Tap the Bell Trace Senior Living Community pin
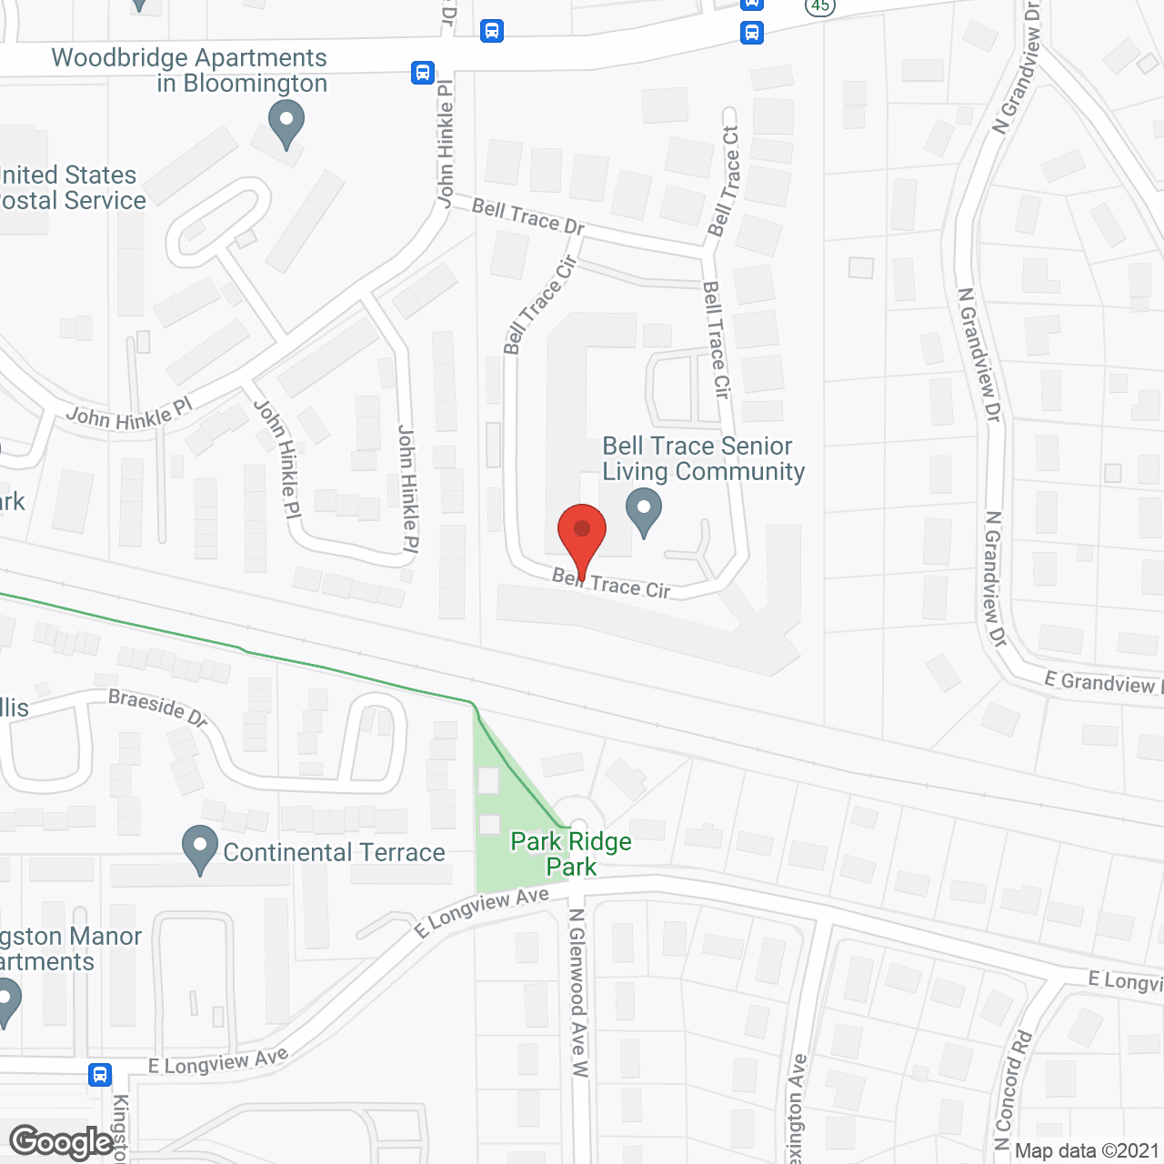644,511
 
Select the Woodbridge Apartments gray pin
286,124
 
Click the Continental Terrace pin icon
200,848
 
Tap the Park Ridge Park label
571,854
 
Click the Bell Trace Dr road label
527,217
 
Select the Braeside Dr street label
158,707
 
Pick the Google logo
61,1142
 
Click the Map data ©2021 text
1087,1151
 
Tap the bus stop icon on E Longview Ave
100,1074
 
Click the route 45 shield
820,5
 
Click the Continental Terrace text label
334,852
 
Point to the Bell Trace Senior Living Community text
703,458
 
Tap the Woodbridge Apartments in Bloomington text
189,70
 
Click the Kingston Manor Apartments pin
7,1000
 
